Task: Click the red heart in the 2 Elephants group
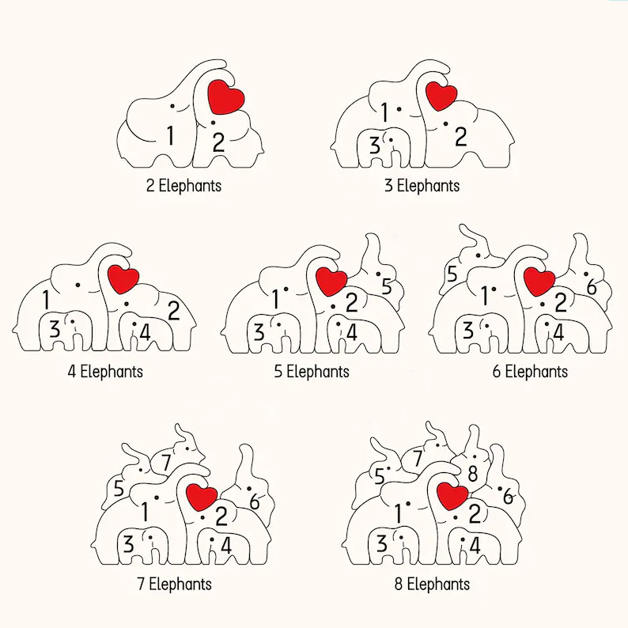(x=226, y=97)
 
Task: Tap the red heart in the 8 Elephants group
(x=452, y=496)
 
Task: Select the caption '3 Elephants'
(x=422, y=186)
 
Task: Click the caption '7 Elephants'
(x=174, y=584)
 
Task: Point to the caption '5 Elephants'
(x=312, y=372)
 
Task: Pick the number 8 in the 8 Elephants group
(x=473, y=474)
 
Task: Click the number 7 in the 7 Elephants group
(x=166, y=462)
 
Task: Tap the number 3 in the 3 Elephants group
(x=374, y=145)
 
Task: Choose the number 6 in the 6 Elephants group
(x=592, y=287)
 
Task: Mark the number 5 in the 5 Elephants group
(x=387, y=286)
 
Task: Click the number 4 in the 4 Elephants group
(x=145, y=332)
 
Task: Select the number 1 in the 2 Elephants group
(x=171, y=135)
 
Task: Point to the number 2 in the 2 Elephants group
(x=218, y=142)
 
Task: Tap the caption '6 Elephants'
(x=530, y=372)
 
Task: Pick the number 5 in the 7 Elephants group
(x=119, y=488)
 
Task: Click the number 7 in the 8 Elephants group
(x=418, y=459)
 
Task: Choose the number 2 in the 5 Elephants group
(x=352, y=303)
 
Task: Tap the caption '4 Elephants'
(x=105, y=372)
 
